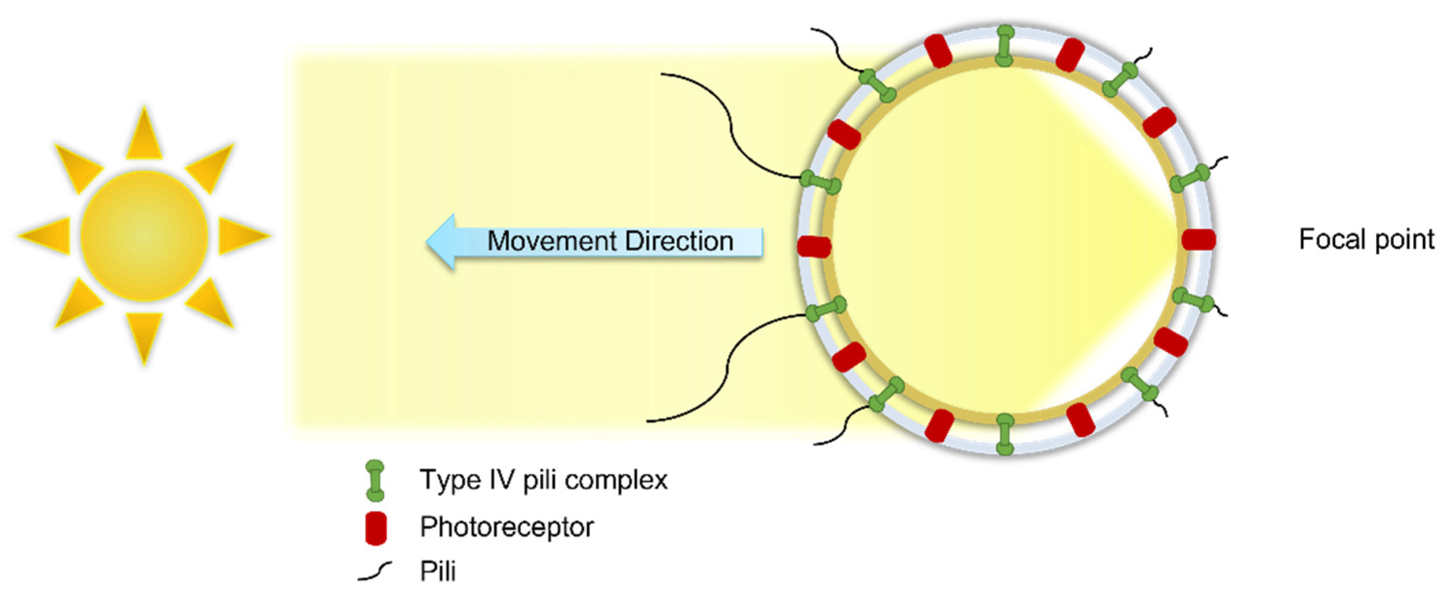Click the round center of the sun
pyautogui.click(x=144, y=235)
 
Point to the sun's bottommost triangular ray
pyautogui.click(x=144, y=336)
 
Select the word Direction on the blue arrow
pyautogui.click(x=679, y=241)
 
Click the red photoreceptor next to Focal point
pyautogui.click(x=1199, y=239)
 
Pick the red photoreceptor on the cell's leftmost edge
pyautogui.click(x=813, y=246)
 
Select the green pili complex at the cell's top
pyautogui.click(x=1005, y=46)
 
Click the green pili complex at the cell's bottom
pyautogui.click(x=1005, y=434)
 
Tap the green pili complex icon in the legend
pyautogui.click(x=375, y=480)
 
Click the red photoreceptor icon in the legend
pyautogui.click(x=376, y=527)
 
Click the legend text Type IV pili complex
pyautogui.click(x=543, y=480)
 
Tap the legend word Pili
pyautogui.click(x=437, y=571)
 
